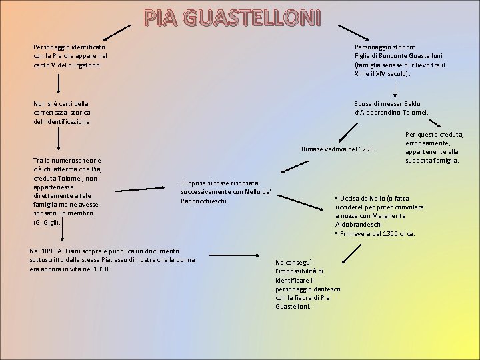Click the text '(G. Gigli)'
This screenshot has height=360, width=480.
46,221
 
